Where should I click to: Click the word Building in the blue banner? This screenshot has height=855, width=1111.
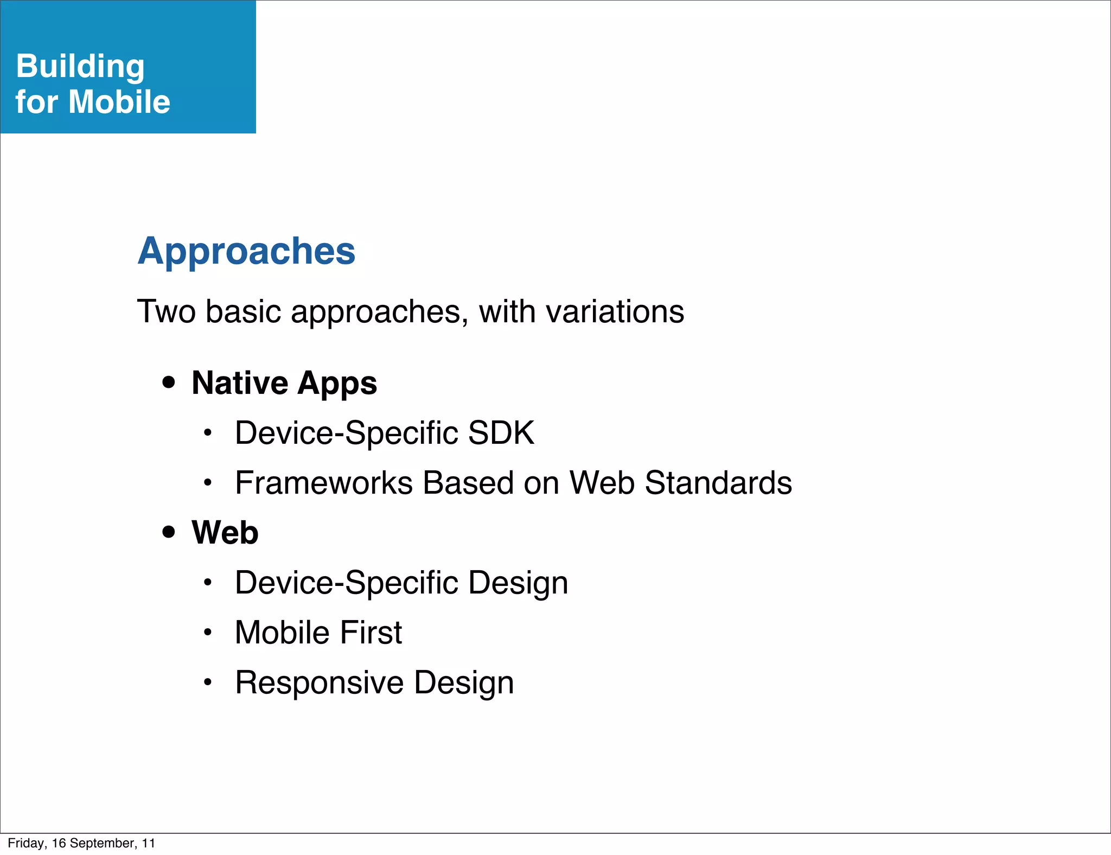click(x=80, y=66)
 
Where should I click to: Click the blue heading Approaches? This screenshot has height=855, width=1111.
click(x=246, y=251)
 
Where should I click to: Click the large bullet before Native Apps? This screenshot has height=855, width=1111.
click(x=169, y=382)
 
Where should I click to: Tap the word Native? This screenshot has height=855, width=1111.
click(x=239, y=383)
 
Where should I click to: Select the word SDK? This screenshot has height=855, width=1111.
click(x=501, y=433)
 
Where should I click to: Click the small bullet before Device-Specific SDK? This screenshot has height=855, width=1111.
click(x=207, y=433)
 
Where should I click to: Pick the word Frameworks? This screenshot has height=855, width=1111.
click(x=324, y=483)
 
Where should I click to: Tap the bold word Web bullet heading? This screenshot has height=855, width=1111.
click(x=225, y=532)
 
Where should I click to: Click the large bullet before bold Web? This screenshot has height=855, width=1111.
click(x=169, y=532)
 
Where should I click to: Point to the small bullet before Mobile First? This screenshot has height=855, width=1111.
click(x=207, y=632)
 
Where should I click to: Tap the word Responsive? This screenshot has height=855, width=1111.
click(x=320, y=682)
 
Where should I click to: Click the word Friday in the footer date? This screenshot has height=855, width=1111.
click(x=27, y=843)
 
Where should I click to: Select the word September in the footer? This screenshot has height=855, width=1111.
click(x=102, y=843)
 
